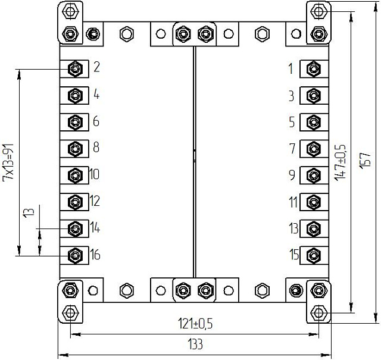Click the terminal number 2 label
tap(96, 67)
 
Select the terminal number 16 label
tap(95, 255)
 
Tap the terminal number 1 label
tap(291, 69)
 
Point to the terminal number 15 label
tap(294, 255)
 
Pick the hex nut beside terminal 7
tap(311, 148)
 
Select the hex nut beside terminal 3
tap(311, 95)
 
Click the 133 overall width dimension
tap(195, 345)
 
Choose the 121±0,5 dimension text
tap(196, 324)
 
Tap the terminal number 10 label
tap(95, 175)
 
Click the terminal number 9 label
tap(291, 175)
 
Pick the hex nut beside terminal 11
tap(311, 202)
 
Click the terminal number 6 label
tap(96, 121)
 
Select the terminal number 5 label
tap(291, 122)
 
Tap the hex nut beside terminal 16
tap(76, 255)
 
